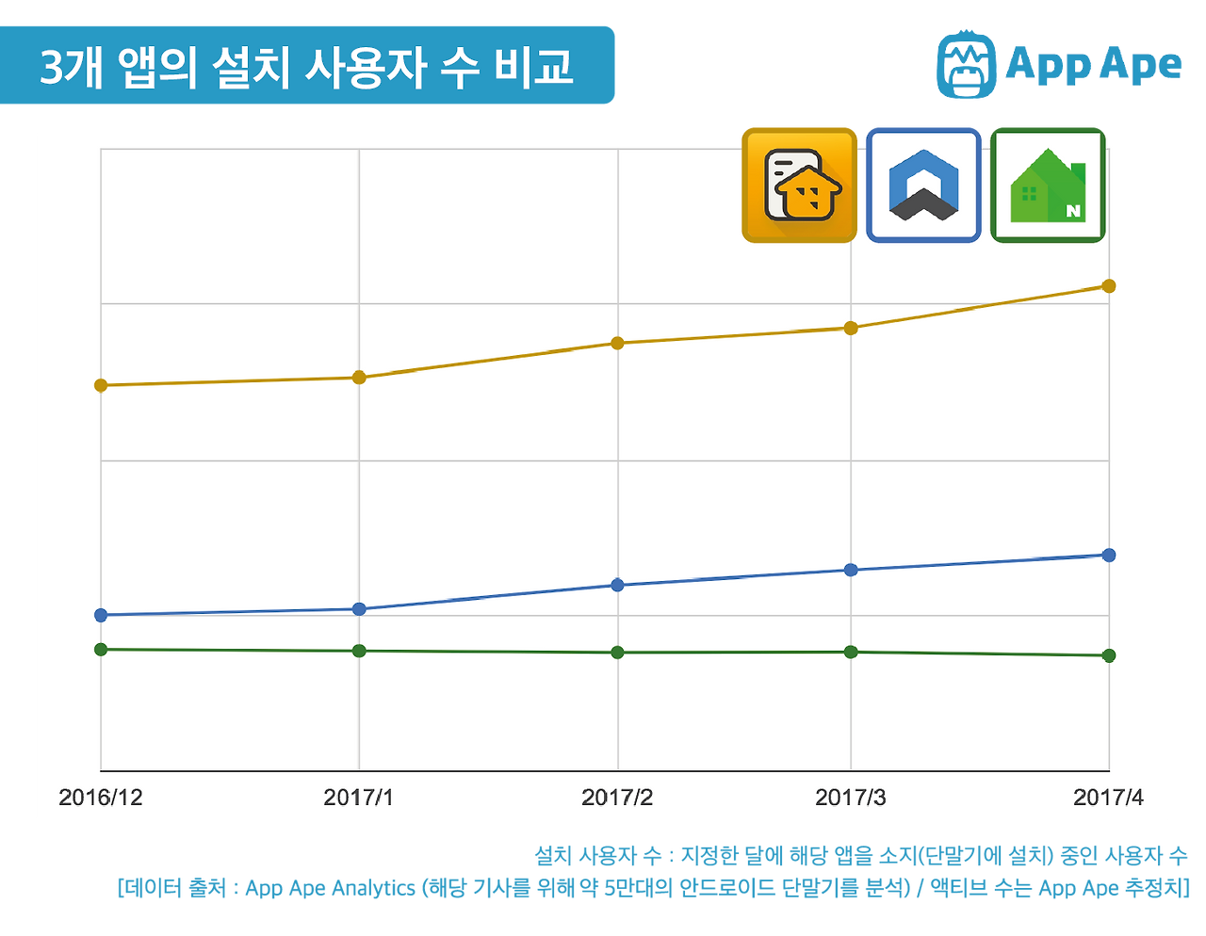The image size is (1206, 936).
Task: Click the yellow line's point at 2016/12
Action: pos(101,385)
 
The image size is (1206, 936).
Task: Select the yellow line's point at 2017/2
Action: pos(617,343)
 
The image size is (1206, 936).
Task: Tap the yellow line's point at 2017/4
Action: pos(1109,285)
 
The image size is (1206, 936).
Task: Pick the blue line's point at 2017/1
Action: pos(359,609)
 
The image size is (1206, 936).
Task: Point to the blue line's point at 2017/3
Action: pos(851,570)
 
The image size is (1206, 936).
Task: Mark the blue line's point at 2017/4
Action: pos(1109,556)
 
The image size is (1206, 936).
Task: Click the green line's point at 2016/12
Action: pos(101,650)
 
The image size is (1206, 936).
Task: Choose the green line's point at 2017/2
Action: pos(617,653)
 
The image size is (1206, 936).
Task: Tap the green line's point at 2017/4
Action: pos(1109,655)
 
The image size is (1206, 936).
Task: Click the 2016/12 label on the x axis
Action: pos(101,798)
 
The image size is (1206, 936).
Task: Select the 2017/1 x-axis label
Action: pos(359,798)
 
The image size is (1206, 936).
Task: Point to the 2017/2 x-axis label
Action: pos(617,798)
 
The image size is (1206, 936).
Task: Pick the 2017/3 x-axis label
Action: pos(851,798)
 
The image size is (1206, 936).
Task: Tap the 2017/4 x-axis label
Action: pos(1109,798)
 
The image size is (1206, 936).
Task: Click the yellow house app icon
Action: pos(799,185)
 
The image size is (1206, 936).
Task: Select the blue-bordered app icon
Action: pos(923,185)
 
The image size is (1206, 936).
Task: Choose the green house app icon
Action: pos(1048,185)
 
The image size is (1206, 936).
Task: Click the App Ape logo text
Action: pos(1093,64)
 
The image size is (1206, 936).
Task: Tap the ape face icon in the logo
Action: pos(966,64)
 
